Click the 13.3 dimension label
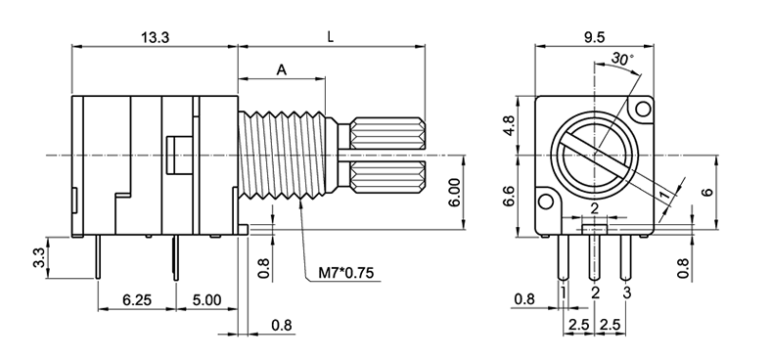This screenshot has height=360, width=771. click(x=155, y=38)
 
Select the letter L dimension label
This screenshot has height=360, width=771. click(x=331, y=37)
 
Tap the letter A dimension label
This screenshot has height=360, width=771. click(x=281, y=69)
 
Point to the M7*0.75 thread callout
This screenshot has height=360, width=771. click(x=346, y=273)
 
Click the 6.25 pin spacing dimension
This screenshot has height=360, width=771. click(x=137, y=299)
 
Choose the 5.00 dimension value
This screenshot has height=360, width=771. click(x=206, y=299)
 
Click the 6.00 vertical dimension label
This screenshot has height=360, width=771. click(x=455, y=193)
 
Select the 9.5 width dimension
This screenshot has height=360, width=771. click(x=595, y=38)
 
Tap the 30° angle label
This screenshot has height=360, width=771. click(x=622, y=60)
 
